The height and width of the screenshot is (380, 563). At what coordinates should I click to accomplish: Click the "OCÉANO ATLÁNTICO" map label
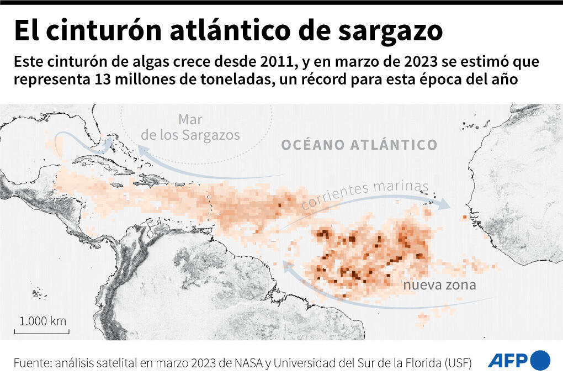pos(359,145)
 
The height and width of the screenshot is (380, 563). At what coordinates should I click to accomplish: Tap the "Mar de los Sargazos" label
pos(190,127)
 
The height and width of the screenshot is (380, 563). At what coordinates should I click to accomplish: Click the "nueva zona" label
pos(439,286)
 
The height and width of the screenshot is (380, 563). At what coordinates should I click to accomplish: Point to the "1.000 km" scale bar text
pos(43,321)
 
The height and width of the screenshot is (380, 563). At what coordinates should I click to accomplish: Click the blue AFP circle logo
pos(540,360)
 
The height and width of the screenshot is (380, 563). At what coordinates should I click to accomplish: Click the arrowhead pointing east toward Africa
pos(444,204)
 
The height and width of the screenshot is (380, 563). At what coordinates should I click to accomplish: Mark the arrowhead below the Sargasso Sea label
pos(142,150)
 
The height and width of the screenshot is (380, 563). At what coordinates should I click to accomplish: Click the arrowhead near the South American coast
pos(286,266)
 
